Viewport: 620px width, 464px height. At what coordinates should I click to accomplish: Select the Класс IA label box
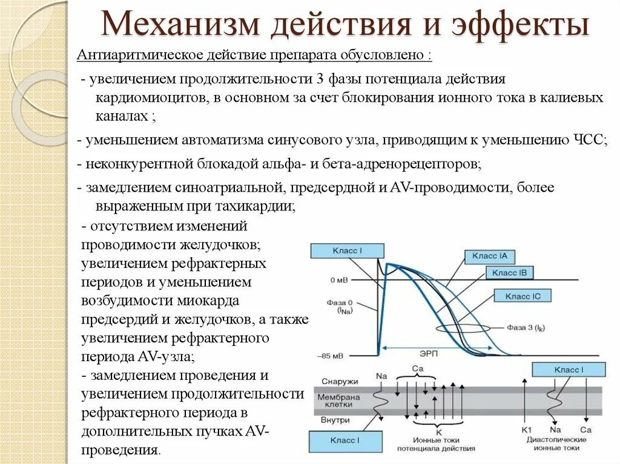coord(490,256)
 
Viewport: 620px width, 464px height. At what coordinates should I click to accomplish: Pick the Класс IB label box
coord(509,273)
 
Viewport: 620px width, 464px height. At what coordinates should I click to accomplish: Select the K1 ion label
coord(526,429)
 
